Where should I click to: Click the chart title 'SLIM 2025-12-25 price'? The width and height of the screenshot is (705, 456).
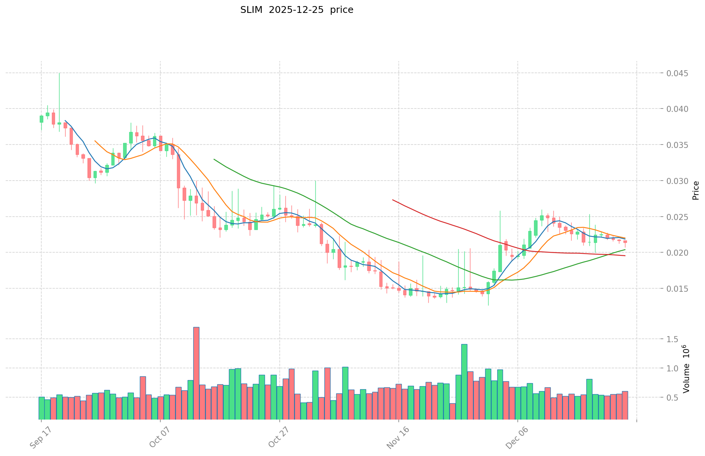pyautogui.click(x=296, y=10)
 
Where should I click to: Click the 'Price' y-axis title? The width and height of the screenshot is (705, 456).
pyautogui.click(x=696, y=190)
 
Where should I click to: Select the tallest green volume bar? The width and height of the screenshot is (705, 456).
pyautogui.click(x=464, y=381)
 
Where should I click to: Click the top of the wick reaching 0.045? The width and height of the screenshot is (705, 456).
pyautogui.click(x=59, y=73)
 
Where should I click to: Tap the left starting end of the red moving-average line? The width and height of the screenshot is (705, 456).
pyautogui.click(x=393, y=200)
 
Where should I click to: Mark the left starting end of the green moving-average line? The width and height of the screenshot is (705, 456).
pyautogui.click(x=214, y=159)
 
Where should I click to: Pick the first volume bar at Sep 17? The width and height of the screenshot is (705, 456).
pyautogui.click(x=41, y=408)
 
